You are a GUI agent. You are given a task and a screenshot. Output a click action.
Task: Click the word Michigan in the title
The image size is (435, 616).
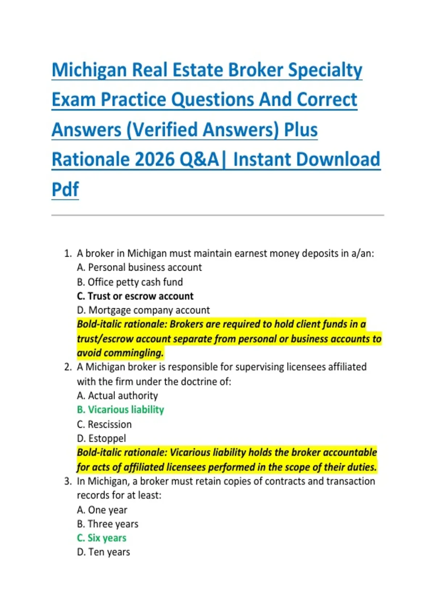[x=89, y=70]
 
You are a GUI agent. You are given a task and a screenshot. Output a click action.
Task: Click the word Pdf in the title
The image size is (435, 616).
[x=65, y=189]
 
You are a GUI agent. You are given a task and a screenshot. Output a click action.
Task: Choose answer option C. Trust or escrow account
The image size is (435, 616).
[x=135, y=296]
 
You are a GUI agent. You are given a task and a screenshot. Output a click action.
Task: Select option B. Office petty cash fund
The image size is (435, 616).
[x=130, y=282]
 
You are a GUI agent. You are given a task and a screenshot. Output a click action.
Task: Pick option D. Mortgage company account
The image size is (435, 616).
[x=143, y=310]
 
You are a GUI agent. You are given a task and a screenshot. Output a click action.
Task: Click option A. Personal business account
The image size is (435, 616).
[x=139, y=267]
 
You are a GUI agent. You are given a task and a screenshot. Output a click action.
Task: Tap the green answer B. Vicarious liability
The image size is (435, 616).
[x=120, y=409]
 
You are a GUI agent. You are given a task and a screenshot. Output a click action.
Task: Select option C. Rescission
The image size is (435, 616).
[x=104, y=424]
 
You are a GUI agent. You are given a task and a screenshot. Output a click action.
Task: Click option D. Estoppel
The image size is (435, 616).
[x=101, y=438]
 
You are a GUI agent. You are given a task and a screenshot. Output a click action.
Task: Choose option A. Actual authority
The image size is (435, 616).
[x=117, y=395]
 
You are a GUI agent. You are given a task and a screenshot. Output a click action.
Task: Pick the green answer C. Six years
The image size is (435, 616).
[x=101, y=538]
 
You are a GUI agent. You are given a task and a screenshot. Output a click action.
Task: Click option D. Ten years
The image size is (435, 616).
[x=103, y=552]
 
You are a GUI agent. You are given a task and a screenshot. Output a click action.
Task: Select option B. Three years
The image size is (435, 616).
[x=108, y=524]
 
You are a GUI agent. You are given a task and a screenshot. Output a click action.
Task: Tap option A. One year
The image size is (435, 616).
[x=102, y=510]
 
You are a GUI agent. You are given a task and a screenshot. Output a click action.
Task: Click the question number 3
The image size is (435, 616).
[x=67, y=481]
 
